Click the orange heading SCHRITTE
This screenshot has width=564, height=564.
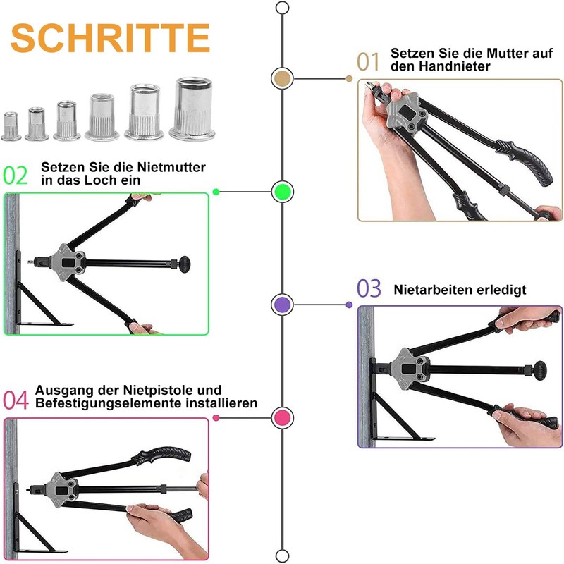pyautogui.click(x=110, y=38)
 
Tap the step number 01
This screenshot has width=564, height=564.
pyautogui.click(x=368, y=61)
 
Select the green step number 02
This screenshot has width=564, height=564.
pyautogui.click(x=16, y=176)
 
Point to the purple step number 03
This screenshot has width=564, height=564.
pyautogui.click(x=369, y=288)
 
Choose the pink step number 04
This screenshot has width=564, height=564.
pyautogui.click(x=16, y=400)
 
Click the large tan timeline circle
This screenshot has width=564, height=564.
pyautogui.click(x=283, y=79)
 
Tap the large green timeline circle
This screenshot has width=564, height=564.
pyautogui.click(x=283, y=192)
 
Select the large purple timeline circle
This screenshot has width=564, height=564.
pyautogui.click(x=283, y=305)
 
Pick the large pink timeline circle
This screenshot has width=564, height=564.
pyautogui.click(x=283, y=417)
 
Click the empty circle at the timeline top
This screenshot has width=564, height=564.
pyautogui.click(x=283, y=8)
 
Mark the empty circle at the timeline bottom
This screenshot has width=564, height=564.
pyautogui.click(x=283, y=556)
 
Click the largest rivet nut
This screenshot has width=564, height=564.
pyautogui.click(x=192, y=109)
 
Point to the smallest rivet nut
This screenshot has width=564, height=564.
pyautogui.click(x=11, y=126)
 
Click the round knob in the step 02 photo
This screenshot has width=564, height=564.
pyautogui.click(x=185, y=264)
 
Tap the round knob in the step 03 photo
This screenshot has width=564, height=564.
pyautogui.click(x=539, y=370)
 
